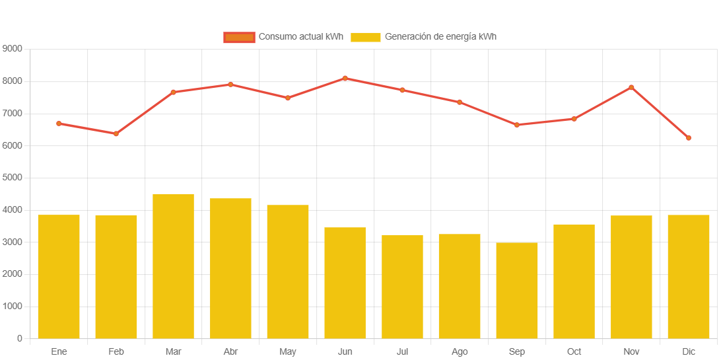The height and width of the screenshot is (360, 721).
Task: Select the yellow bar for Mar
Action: point(173,266)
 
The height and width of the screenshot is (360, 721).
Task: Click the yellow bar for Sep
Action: point(517,291)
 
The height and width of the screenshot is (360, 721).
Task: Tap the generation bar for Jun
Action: point(345,283)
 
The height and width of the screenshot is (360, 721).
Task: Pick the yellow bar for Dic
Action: point(688,277)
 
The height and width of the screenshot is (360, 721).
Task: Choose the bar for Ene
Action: point(59,277)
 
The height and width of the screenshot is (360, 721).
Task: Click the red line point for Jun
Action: point(345,79)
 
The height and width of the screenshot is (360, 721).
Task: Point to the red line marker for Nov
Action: point(631,87)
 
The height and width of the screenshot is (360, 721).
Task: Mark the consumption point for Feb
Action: point(116,133)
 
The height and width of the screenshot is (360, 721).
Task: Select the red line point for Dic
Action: point(688,138)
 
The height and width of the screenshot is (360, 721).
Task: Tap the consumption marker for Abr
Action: point(230,85)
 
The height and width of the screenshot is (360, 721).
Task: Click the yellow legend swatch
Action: point(366,37)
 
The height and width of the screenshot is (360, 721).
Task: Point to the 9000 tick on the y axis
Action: point(13,49)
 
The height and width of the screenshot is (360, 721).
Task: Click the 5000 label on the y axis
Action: point(13,178)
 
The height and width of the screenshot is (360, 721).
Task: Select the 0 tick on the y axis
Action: point(20,339)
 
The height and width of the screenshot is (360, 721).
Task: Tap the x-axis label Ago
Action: point(460,352)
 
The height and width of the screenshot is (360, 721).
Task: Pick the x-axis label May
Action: point(288,352)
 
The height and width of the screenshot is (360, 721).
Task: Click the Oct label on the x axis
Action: point(574,352)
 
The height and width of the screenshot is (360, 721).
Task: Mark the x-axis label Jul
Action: point(402,352)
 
